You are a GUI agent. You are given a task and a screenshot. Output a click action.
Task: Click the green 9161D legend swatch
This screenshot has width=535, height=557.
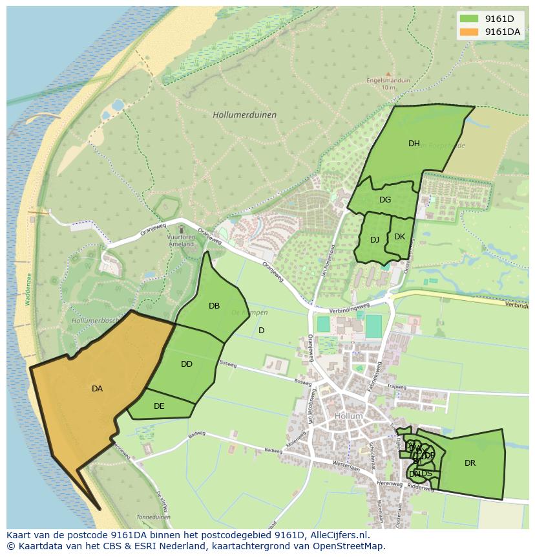click(469, 19)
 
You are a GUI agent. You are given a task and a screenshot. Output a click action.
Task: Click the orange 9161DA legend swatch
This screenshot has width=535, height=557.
click(469, 32)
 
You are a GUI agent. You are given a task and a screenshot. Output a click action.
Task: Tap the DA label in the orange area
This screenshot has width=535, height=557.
click(97, 389)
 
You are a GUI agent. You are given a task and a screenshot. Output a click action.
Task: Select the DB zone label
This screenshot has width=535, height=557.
click(214, 306)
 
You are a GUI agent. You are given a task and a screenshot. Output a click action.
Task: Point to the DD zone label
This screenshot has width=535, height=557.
click(187, 364)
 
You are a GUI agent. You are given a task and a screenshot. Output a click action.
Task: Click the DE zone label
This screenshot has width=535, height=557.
click(159, 406)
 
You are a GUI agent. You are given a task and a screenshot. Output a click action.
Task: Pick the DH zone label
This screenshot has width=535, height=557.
click(414, 144)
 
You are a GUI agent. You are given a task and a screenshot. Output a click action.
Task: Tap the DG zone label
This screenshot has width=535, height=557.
click(385, 200)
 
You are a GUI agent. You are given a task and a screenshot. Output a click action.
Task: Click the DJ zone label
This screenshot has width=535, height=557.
click(375, 240)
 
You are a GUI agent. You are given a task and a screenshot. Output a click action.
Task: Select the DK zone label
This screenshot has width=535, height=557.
click(399, 237)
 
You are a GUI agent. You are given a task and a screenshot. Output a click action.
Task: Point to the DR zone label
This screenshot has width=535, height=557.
click(470, 463)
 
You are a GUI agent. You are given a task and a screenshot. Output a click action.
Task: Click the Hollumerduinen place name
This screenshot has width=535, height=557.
click(244, 115)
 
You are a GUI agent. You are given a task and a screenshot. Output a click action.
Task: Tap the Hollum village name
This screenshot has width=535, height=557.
click(348, 416)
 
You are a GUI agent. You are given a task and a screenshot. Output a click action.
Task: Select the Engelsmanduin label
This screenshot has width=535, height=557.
click(388, 81)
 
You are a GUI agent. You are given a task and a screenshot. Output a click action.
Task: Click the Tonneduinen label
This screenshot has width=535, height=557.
click(153, 518)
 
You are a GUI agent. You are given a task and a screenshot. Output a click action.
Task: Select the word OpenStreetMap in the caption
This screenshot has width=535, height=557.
click(351, 546)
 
